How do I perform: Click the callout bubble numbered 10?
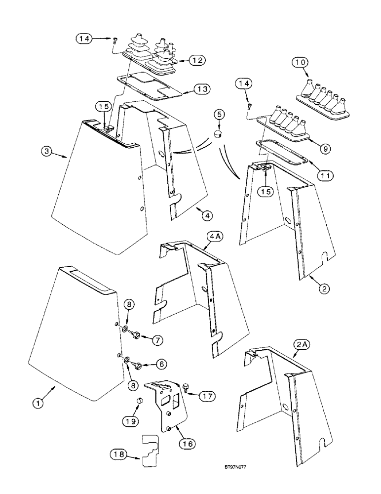[x=301, y=63]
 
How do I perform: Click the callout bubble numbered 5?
[x=219, y=115]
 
